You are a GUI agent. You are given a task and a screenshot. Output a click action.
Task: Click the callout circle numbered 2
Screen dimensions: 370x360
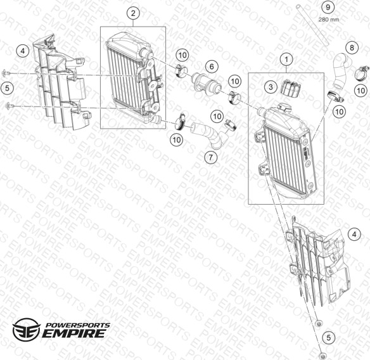point(133,13)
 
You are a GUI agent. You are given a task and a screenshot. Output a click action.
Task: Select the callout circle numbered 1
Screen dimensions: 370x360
point(286,60)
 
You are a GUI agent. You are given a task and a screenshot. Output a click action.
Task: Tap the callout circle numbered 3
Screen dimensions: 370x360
point(271,87)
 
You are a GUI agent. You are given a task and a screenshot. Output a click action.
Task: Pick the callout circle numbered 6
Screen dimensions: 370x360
point(212,67)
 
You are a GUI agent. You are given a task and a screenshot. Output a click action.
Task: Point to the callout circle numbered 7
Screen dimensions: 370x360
point(210,157)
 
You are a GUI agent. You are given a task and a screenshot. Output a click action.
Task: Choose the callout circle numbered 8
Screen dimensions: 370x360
point(352,48)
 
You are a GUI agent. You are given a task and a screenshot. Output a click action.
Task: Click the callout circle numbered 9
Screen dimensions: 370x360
point(328,8)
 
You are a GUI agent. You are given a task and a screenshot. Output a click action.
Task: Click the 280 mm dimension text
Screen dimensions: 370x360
point(329,20)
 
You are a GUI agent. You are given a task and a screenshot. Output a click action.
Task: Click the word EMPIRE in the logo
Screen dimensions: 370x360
point(73,333)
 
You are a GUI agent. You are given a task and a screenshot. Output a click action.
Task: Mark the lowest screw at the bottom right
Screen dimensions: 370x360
point(321,356)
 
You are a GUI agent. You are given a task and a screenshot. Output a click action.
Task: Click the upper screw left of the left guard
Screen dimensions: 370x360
point(5,73)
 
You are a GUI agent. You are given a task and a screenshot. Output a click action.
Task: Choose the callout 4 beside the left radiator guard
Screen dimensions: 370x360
point(23,51)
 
